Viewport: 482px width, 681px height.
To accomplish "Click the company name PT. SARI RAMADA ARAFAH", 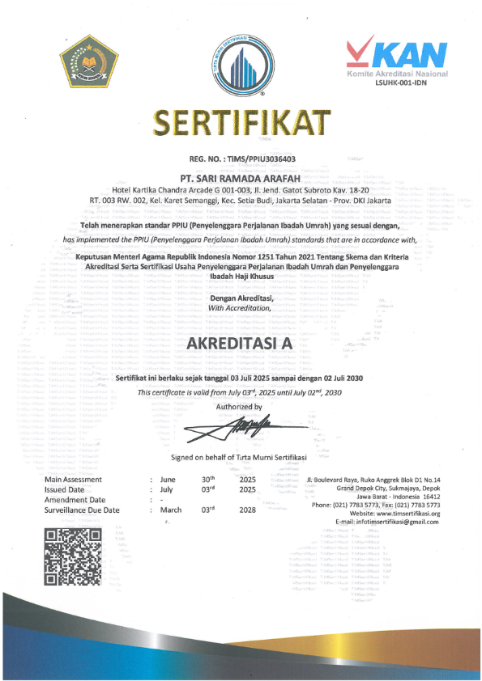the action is tap(241, 176).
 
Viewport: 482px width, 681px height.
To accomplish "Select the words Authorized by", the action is tap(241, 407).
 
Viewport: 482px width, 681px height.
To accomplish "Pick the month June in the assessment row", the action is tap(168, 480).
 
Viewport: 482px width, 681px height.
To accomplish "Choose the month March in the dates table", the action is tap(171, 510).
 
